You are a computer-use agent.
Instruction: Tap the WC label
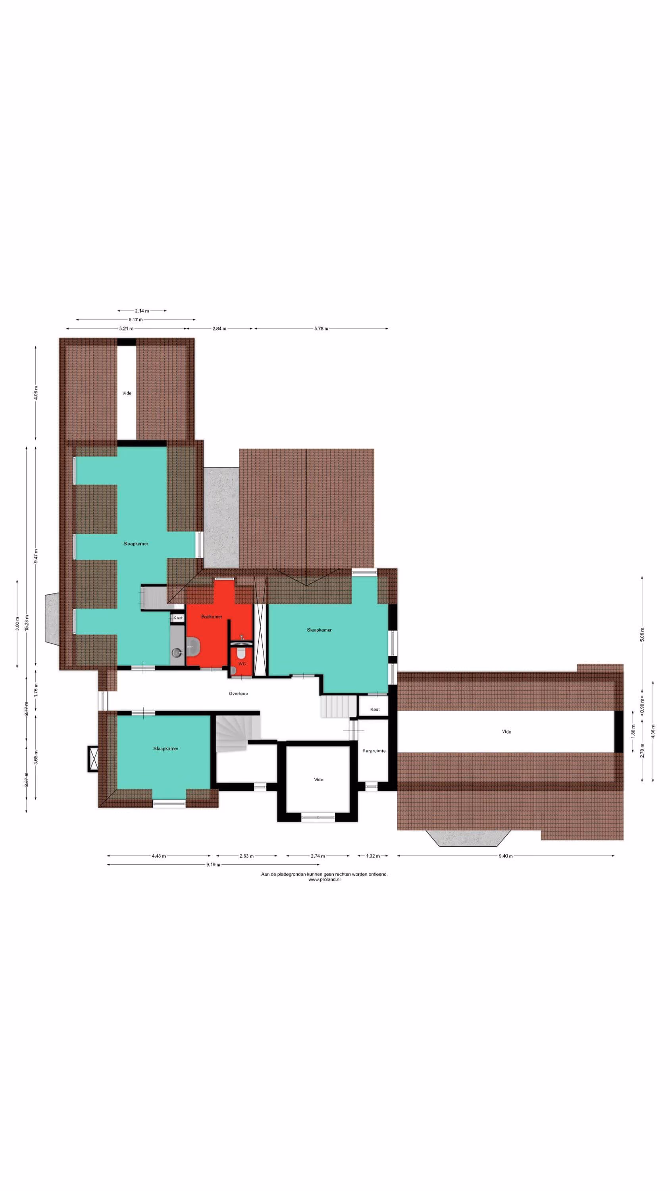242,663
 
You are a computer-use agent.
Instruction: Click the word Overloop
238,694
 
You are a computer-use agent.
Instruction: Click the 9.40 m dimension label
505,856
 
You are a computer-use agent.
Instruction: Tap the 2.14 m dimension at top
142,311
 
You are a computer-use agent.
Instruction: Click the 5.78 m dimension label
321,329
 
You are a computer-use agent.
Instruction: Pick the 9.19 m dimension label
213,865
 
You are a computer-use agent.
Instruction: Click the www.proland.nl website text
324,879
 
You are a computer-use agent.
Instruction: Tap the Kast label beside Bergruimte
375,709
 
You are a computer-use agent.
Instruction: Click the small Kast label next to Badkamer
178,618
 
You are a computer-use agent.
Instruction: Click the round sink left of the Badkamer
176,652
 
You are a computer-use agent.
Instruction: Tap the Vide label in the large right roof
506,731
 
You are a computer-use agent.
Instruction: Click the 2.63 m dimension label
246,856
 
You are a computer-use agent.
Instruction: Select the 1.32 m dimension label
373,856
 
